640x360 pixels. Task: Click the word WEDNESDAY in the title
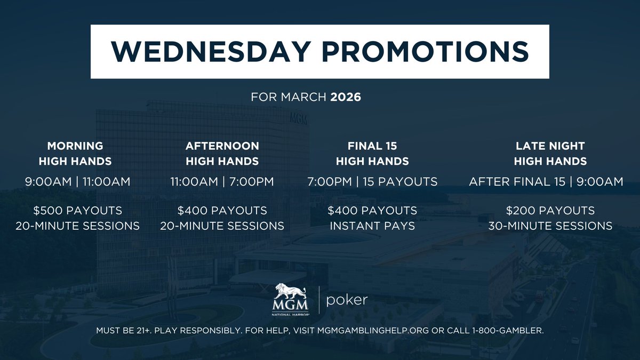pyautogui.click(x=210, y=52)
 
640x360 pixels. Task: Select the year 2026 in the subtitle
pyautogui.click(x=346, y=98)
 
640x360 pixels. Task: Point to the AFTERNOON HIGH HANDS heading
pyautogui.click(x=222, y=153)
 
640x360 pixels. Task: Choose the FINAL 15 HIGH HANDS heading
pyautogui.click(x=372, y=153)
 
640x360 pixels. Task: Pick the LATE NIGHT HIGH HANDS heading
pyautogui.click(x=550, y=153)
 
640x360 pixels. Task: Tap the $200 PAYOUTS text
pyautogui.click(x=550, y=210)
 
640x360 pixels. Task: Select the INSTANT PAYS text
pyautogui.click(x=372, y=226)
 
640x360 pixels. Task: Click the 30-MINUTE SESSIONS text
pyautogui.click(x=550, y=226)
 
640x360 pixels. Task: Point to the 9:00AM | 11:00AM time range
pyautogui.click(x=78, y=182)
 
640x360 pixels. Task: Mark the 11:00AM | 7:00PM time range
pyautogui.click(x=222, y=182)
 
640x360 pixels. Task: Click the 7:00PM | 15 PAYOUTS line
pyautogui.click(x=372, y=182)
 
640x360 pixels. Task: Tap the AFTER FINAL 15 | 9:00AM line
pyautogui.click(x=546, y=182)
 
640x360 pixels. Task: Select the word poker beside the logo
pyautogui.click(x=347, y=300)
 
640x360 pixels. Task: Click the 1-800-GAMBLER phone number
pyautogui.click(x=507, y=331)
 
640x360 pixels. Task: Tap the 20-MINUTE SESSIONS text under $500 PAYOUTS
pyautogui.click(x=78, y=226)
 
